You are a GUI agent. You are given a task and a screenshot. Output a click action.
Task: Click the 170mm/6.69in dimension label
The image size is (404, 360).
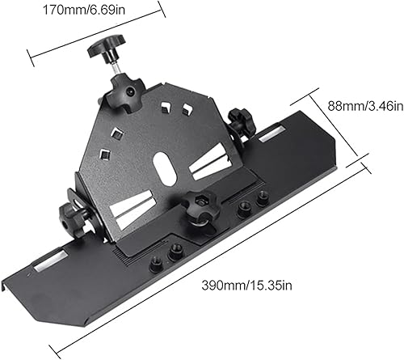tap(84, 10)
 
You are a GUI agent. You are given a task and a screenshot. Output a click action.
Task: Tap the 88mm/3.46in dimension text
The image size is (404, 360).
tap(365, 106)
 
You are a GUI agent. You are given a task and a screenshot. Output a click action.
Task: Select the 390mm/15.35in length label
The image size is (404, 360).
tap(246, 286)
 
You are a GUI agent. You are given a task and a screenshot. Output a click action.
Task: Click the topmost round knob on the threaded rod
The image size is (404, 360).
tap(107, 46)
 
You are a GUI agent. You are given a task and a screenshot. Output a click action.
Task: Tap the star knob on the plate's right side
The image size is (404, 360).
tap(242, 122)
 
